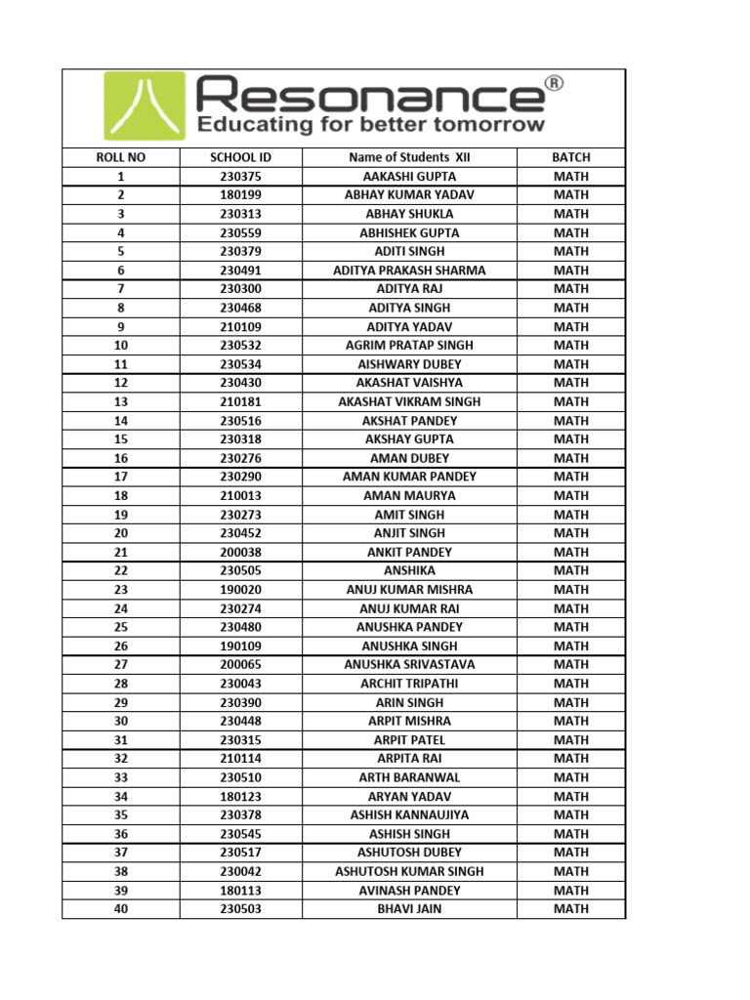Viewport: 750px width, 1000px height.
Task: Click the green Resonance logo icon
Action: [144, 107]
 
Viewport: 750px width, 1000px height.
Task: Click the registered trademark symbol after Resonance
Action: [553, 85]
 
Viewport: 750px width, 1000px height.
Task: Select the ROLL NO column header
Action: [120, 157]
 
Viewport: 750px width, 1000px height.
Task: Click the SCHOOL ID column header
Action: [240, 157]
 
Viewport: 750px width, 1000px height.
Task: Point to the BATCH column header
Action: [571, 157]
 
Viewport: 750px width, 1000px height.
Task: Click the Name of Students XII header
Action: [409, 157]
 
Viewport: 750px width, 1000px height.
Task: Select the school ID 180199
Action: [240, 195]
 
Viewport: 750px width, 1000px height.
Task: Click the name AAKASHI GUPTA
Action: [409, 177]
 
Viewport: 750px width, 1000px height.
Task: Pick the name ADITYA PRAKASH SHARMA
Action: [409, 271]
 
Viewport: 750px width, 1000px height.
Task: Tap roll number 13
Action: [120, 401]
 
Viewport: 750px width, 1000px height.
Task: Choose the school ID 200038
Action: [240, 552]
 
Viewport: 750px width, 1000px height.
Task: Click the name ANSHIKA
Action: [409, 570]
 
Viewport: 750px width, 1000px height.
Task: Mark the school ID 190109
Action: [240, 646]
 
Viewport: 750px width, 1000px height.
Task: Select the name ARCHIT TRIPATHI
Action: [409, 684]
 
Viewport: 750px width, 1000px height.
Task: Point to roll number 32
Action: [120, 759]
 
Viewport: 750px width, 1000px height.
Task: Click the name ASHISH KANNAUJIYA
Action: [409, 814]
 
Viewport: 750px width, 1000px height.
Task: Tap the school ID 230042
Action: [240, 871]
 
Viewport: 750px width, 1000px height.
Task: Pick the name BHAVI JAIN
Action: [409, 909]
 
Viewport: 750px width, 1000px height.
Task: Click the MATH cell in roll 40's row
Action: [571, 909]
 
